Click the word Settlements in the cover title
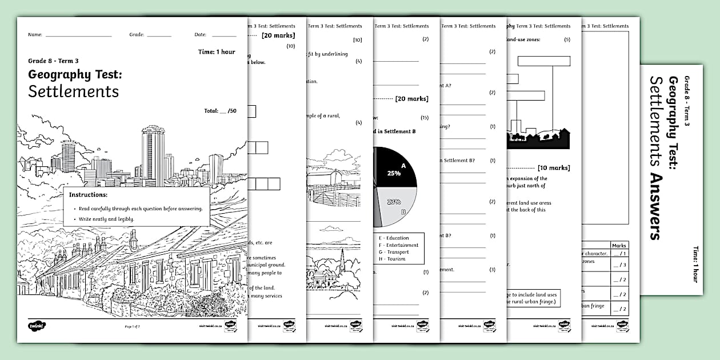[74, 91]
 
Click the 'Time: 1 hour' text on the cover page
[217, 52]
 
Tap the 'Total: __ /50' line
[219, 111]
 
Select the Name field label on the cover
[35, 35]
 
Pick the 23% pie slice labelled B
[397, 206]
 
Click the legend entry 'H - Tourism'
[391, 259]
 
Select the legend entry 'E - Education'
[394, 238]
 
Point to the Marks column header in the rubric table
[619, 245]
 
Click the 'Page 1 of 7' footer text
[132, 326]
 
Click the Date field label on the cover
[200, 35]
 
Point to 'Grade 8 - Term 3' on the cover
[53, 61]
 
